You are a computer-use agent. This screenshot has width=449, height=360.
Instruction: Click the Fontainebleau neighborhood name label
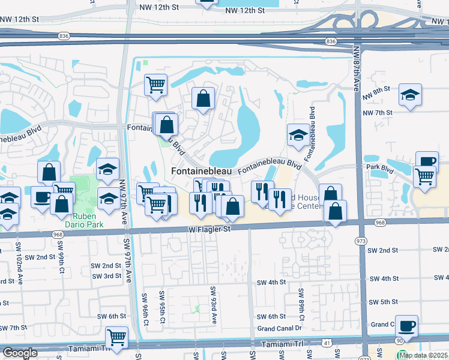coord(201,171)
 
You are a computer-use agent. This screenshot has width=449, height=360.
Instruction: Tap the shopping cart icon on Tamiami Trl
coord(116,337)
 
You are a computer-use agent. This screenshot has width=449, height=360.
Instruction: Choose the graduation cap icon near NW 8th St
coord(410,94)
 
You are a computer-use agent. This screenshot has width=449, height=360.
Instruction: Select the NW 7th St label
coord(377,112)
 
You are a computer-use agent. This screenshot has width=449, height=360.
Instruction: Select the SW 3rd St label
coord(107,276)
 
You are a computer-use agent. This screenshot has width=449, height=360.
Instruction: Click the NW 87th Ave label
coord(357,69)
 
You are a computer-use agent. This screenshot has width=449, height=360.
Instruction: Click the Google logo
coord(20,353)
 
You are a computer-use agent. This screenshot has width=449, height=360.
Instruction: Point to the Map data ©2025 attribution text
coord(423,355)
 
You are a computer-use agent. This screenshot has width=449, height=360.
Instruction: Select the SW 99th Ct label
coord(60,253)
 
